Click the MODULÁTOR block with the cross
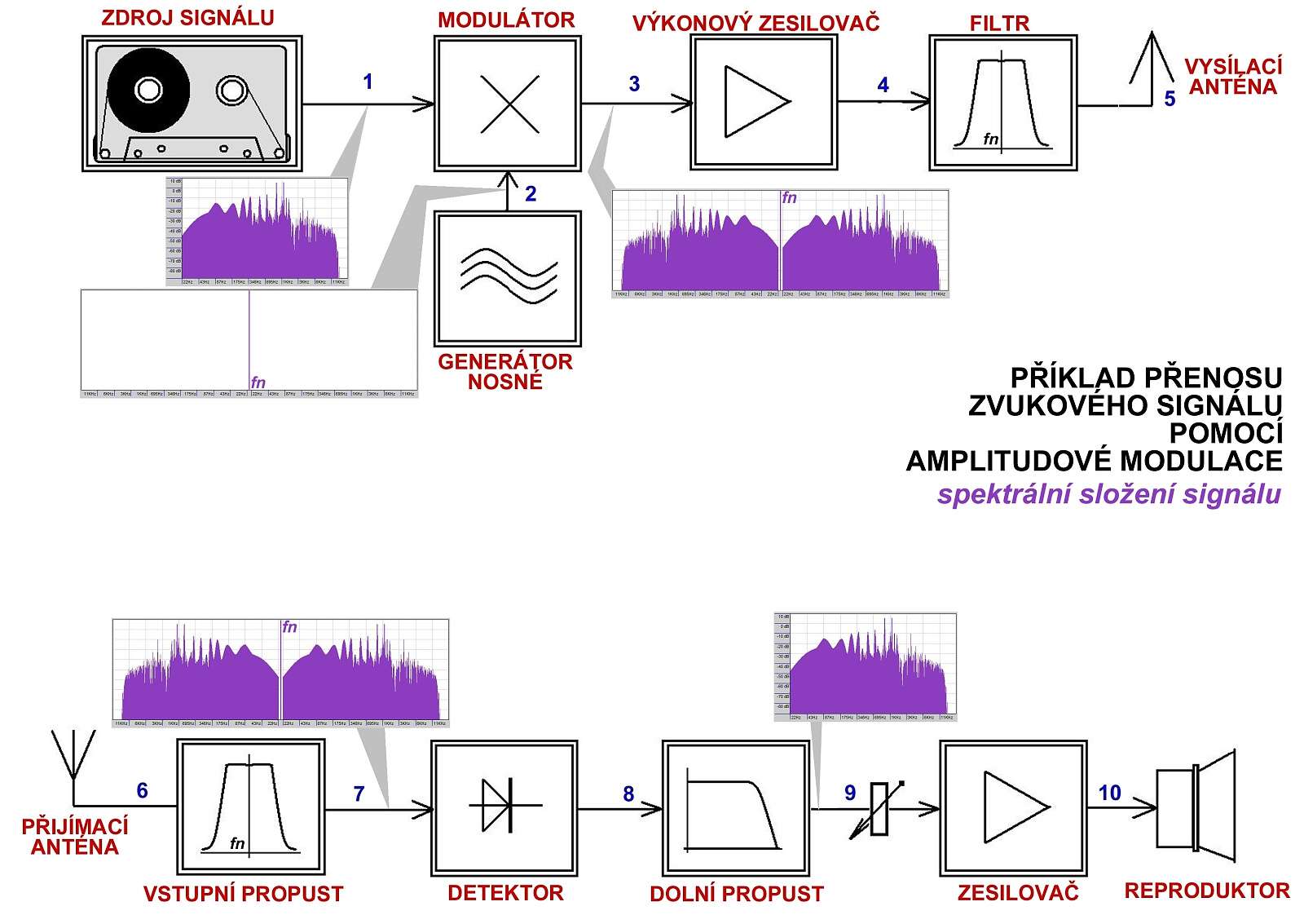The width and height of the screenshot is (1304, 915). tap(508, 104)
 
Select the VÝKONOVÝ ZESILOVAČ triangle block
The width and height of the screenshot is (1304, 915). tap(764, 102)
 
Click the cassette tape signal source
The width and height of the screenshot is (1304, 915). tap(192, 104)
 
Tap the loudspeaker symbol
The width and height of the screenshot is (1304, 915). tap(1196, 805)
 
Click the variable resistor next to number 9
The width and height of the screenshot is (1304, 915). tap(878, 809)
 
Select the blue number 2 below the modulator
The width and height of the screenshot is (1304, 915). tap(531, 194)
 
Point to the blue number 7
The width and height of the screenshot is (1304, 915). tap(359, 793)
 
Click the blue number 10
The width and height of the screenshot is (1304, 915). tap(1109, 793)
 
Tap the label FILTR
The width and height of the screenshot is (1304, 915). tap(999, 24)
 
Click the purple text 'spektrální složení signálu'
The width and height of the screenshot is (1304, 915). tap(1108, 494)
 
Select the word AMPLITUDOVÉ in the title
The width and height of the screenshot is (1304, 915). tap(1008, 462)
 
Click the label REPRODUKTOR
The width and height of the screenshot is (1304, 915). tap(1206, 891)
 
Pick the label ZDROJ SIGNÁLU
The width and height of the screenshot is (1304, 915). tap(187, 18)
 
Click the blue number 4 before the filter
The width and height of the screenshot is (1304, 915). tap(883, 85)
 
